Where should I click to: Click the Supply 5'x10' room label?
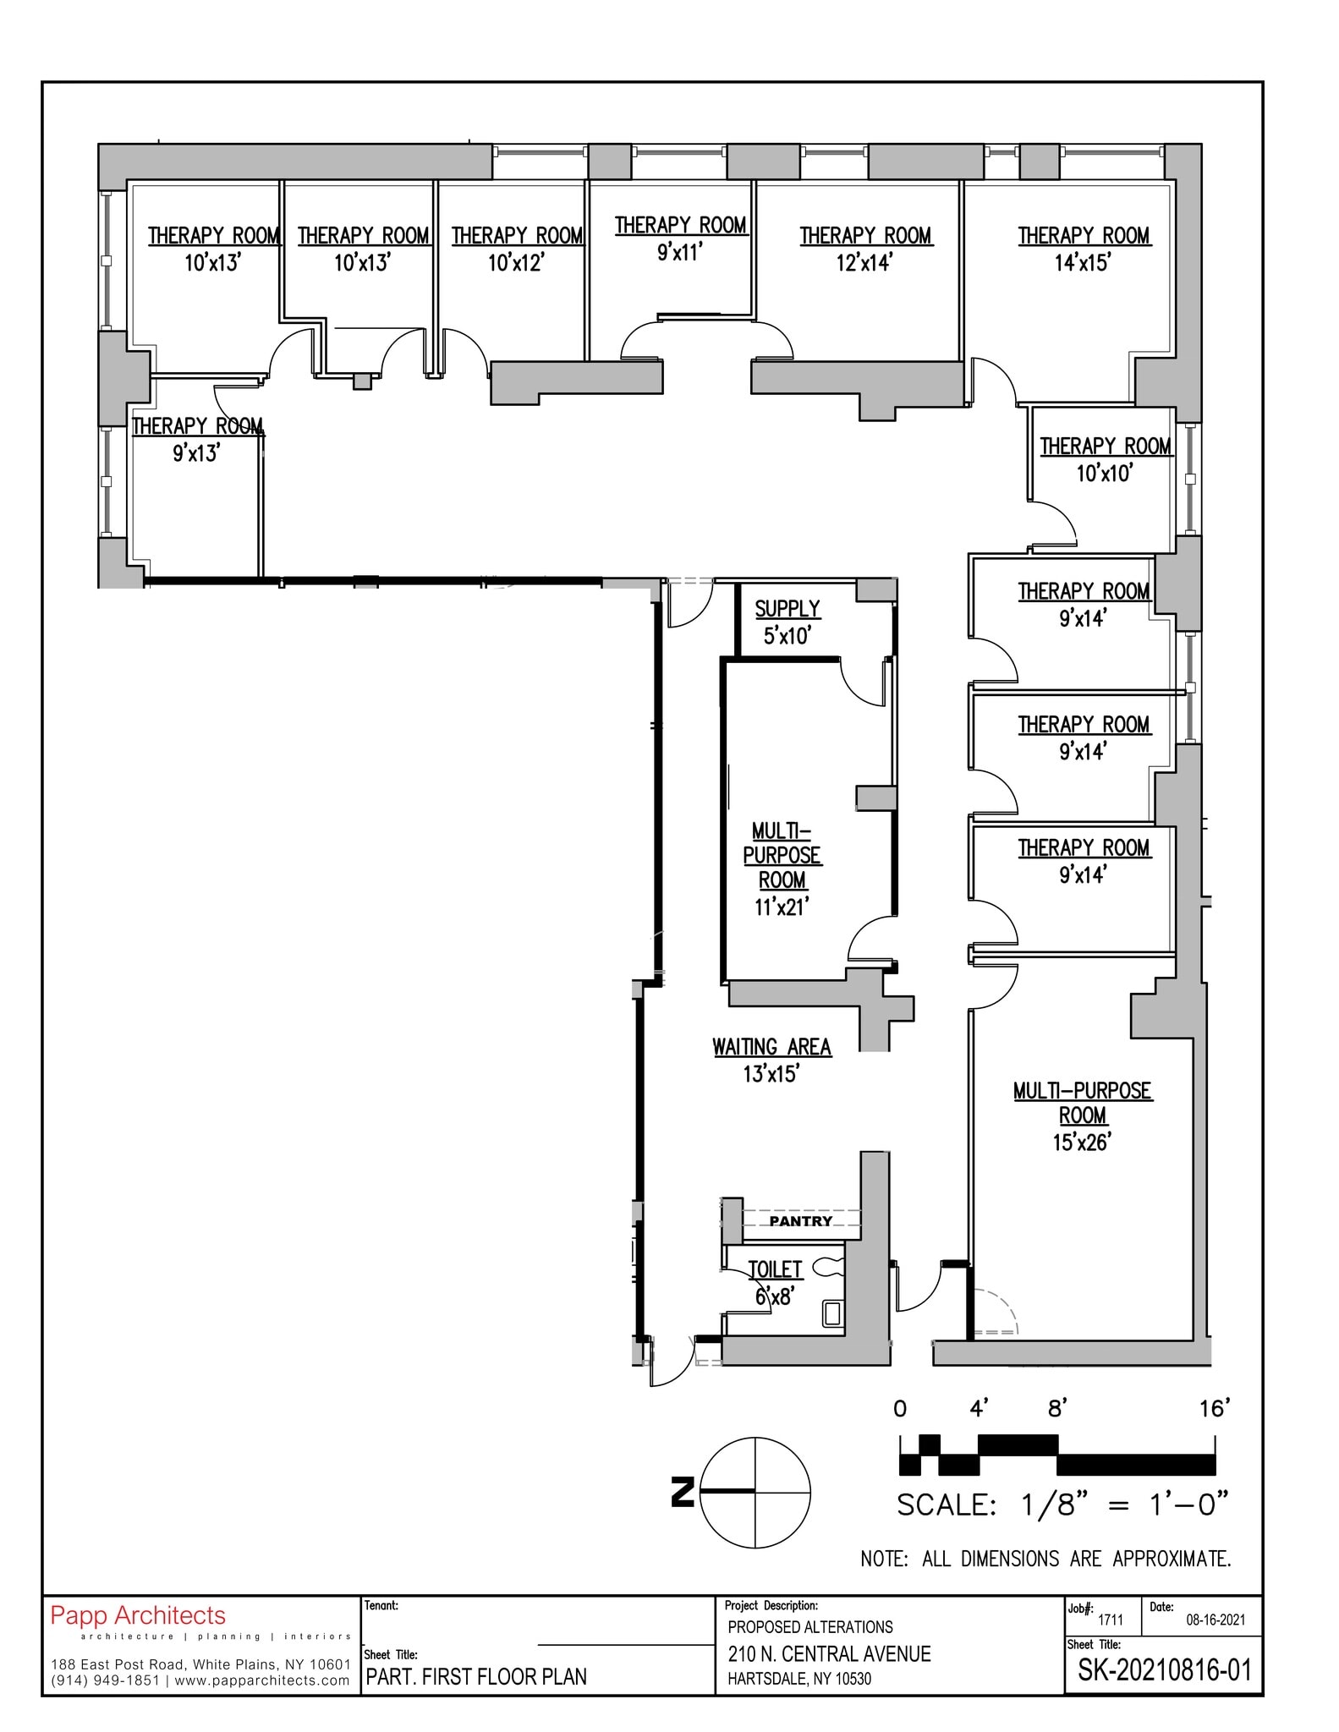[787, 622]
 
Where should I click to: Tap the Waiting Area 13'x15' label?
[771, 1060]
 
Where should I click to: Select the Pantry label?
[800, 1221]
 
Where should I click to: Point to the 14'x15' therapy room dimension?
[1082, 263]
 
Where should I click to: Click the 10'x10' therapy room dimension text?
[1104, 474]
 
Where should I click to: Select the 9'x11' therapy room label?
[680, 238]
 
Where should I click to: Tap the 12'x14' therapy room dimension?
[864, 263]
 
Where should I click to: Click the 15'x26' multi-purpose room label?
[1082, 1115]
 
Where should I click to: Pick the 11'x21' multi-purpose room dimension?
[782, 907]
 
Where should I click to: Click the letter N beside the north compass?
[682, 1491]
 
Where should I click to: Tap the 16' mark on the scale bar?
[1214, 1409]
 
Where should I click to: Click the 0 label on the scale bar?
[900, 1409]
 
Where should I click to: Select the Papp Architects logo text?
[138, 1615]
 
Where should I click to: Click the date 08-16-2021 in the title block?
[1215, 1620]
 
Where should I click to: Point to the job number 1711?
[1110, 1620]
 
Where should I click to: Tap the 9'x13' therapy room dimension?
[196, 453]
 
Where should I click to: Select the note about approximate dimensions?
[1045, 1559]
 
